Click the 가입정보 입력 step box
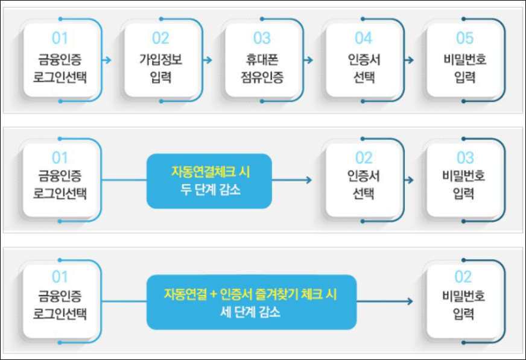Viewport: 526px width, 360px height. pyautogui.click(x=160, y=60)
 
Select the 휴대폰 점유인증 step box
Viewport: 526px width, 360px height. pyautogui.click(x=262, y=60)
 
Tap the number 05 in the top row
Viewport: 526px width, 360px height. pyautogui.click(x=464, y=39)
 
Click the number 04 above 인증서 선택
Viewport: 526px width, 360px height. pyautogui.click(x=363, y=39)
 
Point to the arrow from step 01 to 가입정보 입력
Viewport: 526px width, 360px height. pyautogui.click(x=107, y=60)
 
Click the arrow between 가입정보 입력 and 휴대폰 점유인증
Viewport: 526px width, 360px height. pyautogui.click(x=208, y=60)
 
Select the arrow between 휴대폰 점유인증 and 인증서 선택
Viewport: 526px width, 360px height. pyautogui.click(x=309, y=60)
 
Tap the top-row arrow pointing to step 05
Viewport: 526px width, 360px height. pyautogui.click(x=410, y=60)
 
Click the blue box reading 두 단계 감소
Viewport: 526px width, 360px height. pyautogui.click(x=209, y=181)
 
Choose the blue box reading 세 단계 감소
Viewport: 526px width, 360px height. pyautogui.click(x=251, y=302)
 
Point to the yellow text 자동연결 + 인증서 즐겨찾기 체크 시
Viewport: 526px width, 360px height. pyautogui.click(x=250, y=294)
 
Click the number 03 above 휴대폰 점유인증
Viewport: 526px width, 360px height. pyautogui.click(x=262, y=39)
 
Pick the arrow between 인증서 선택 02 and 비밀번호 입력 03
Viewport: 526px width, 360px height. pyautogui.click(x=410, y=180)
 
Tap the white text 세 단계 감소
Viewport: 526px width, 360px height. pyautogui.click(x=251, y=313)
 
